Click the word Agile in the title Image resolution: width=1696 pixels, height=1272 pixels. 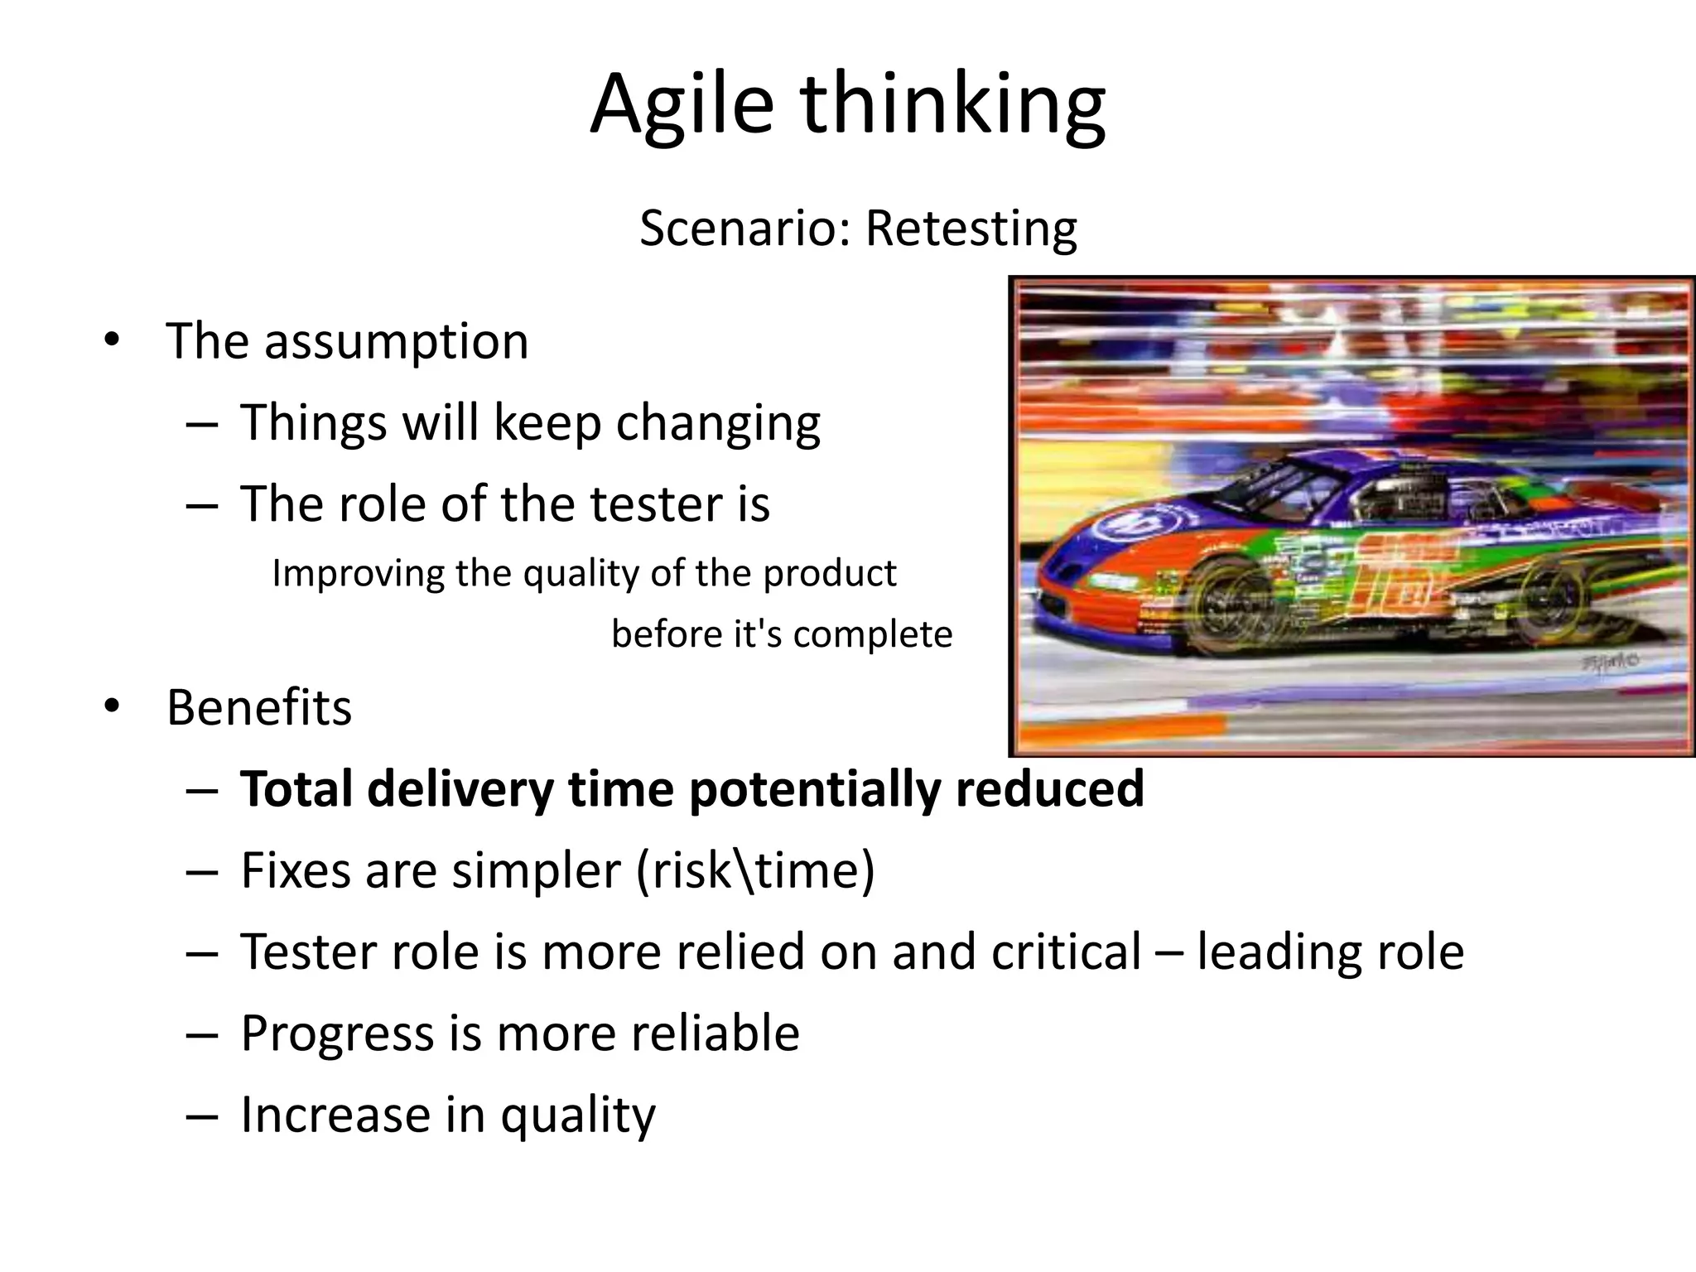tap(682, 105)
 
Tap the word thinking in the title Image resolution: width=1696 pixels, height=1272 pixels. tap(952, 105)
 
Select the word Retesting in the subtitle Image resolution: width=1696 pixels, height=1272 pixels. tap(971, 228)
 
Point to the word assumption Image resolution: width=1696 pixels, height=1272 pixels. tap(396, 341)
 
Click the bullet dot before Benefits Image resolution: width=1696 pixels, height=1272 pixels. tap(112, 706)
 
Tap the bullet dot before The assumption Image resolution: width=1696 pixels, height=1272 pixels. tap(112, 340)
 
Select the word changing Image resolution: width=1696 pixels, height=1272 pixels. tap(717, 423)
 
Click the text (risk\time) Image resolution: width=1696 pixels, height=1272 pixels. tap(755, 870)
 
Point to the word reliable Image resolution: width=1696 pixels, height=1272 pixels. tap(715, 1033)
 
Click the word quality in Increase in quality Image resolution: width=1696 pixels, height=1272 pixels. tap(578, 1115)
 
